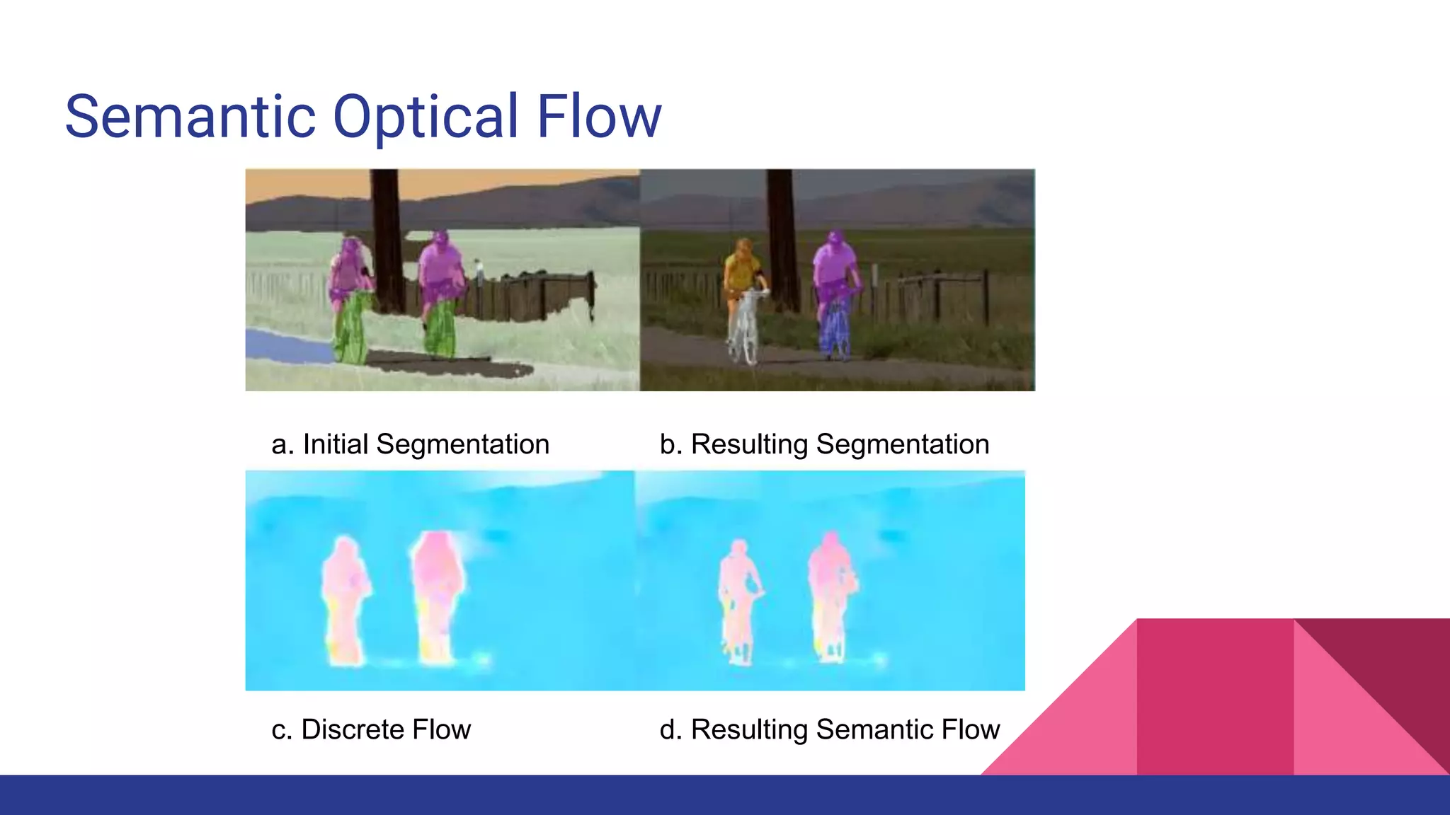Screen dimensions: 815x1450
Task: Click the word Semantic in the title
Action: (x=190, y=117)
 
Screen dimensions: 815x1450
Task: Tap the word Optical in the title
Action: (x=426, y=117)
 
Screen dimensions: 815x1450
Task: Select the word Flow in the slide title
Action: (x=598, y=117)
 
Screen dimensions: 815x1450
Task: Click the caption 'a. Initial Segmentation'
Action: (x=410, y=444)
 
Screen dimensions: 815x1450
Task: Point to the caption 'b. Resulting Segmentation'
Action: (x=824, y=444)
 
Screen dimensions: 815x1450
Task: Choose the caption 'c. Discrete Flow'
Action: (x=371, y=729)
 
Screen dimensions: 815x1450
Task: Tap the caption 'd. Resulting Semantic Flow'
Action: (x=829, y=729)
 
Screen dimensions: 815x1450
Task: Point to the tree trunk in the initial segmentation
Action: (x=387, y=233)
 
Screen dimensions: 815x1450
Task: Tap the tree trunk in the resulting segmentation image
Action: (x=783, y=233)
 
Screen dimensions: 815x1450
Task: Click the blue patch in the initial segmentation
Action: (x=283, y=345)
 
